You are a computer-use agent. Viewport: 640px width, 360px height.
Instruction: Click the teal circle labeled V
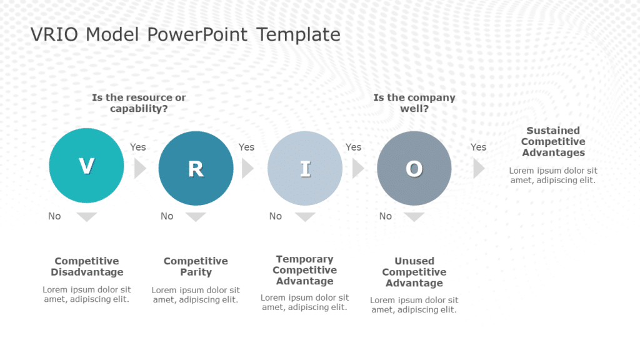click(86, 166)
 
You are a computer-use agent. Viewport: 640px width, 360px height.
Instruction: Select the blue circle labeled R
click(196, 168)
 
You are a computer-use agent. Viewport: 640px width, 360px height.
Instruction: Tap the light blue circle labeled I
click(305, 168)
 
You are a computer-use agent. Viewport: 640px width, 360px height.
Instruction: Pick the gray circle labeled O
click(414, 168)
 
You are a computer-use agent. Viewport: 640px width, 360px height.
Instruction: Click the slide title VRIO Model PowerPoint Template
click(186, 34)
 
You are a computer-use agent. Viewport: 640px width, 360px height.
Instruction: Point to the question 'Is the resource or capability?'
click(139, 103)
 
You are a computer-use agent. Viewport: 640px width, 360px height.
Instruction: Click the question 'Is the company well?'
click(414, 103)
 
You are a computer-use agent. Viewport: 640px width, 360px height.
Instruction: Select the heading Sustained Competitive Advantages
click(553, 141)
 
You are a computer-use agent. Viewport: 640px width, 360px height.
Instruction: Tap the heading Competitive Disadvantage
click(87, 266)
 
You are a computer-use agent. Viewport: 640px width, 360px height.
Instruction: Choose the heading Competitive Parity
click(196, 266)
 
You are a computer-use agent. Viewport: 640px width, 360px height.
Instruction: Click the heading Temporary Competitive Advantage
click(305, 270)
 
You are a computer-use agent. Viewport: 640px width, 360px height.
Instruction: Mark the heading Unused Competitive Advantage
click(414, 272)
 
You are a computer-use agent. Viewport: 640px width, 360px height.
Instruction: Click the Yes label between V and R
click(137, 147)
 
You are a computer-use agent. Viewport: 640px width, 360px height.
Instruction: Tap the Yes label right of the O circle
click(478, 147)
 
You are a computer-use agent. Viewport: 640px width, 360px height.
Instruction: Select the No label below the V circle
click(55, 216)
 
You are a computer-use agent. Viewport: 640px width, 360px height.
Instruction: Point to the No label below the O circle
click(386, 216)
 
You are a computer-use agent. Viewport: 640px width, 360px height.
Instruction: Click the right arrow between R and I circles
click(247, 168)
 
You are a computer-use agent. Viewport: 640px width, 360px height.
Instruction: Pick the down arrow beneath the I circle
click(305, 217)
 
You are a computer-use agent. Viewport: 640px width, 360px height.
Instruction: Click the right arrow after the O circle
click(479, 168)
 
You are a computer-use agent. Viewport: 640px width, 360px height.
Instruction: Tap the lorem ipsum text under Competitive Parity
click(196, 295)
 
